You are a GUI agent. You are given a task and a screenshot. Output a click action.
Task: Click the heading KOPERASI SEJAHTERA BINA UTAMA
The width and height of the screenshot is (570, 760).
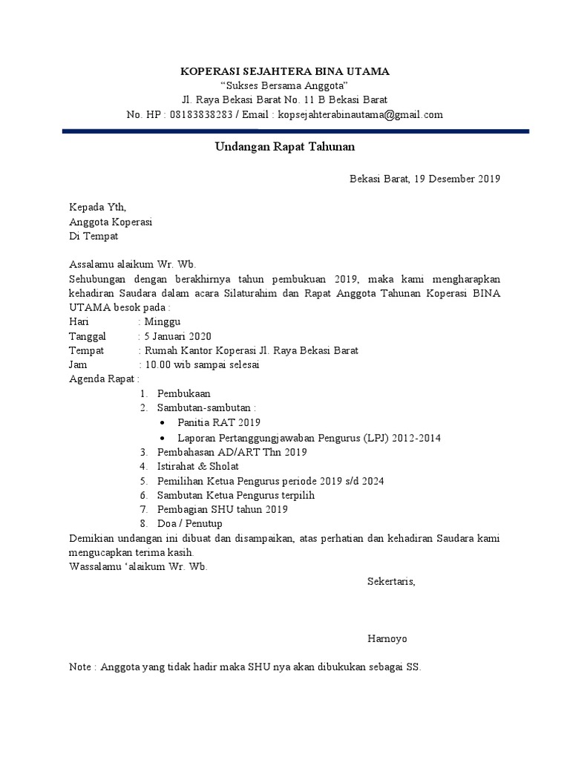coord(285,71)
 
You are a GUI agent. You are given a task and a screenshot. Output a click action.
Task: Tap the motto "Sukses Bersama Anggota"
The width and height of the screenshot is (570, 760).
coord(285,85)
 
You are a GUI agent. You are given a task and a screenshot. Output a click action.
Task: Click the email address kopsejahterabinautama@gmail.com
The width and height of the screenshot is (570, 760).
coord(360,114)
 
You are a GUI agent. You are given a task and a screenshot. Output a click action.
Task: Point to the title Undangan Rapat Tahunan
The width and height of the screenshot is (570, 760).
coord(285,147)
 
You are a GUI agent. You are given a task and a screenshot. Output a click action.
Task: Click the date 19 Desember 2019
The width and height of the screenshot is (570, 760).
coord(457,178)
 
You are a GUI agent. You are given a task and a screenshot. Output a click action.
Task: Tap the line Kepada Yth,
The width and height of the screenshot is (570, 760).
coord(92,207)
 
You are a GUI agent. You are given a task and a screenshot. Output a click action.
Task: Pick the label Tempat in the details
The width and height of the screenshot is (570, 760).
coord(86,350)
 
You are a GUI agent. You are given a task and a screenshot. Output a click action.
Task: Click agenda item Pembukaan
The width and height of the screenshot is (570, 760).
coord(183,393)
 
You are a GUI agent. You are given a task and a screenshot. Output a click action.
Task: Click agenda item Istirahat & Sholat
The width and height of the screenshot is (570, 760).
coord(197,466)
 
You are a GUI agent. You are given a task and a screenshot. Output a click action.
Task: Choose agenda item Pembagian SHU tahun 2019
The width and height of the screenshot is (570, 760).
coord(222,509)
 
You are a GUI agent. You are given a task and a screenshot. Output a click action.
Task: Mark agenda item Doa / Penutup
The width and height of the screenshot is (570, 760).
coord(189,524)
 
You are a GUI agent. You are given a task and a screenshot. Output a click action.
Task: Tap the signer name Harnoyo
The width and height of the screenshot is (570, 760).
coord(387,638)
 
